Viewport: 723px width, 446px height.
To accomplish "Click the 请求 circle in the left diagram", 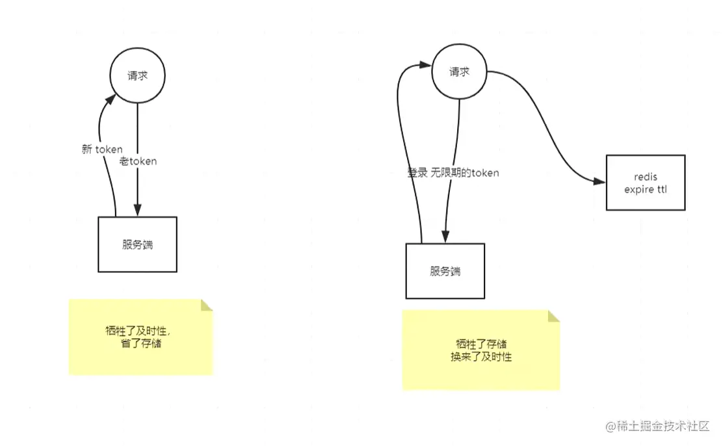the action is [x=137, y=75].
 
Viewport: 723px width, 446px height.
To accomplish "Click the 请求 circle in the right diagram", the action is [x=460, y=72].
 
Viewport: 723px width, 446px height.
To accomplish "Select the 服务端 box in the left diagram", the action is [x=137, y=244].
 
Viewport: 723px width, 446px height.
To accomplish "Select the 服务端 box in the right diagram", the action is [x=445, y=271].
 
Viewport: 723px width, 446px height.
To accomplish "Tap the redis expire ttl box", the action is [x=645, y=183].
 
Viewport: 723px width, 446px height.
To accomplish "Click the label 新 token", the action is [x=102, y=150].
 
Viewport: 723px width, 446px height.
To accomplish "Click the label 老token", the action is [x=138, y=161].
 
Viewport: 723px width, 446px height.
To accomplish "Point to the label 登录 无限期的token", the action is [x=453, y=173].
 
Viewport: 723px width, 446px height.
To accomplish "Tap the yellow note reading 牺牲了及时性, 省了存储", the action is [x=140, y=337].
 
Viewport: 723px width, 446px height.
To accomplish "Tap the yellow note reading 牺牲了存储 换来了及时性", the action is [x=480, y=350].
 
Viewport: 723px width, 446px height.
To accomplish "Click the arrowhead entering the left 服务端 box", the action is [x=137, y=209].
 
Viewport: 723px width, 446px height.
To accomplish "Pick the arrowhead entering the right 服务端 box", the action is [x=445, y=237].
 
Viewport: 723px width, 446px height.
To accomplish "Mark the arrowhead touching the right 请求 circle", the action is [x=426, y=64].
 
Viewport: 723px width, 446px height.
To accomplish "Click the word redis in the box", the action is [x=645, y=177].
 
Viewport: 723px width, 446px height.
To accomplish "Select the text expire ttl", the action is [x=645, y=190].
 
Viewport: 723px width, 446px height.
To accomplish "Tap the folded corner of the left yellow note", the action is [x=207, y=305].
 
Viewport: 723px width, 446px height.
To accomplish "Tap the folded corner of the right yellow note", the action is [x=553, y=316].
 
